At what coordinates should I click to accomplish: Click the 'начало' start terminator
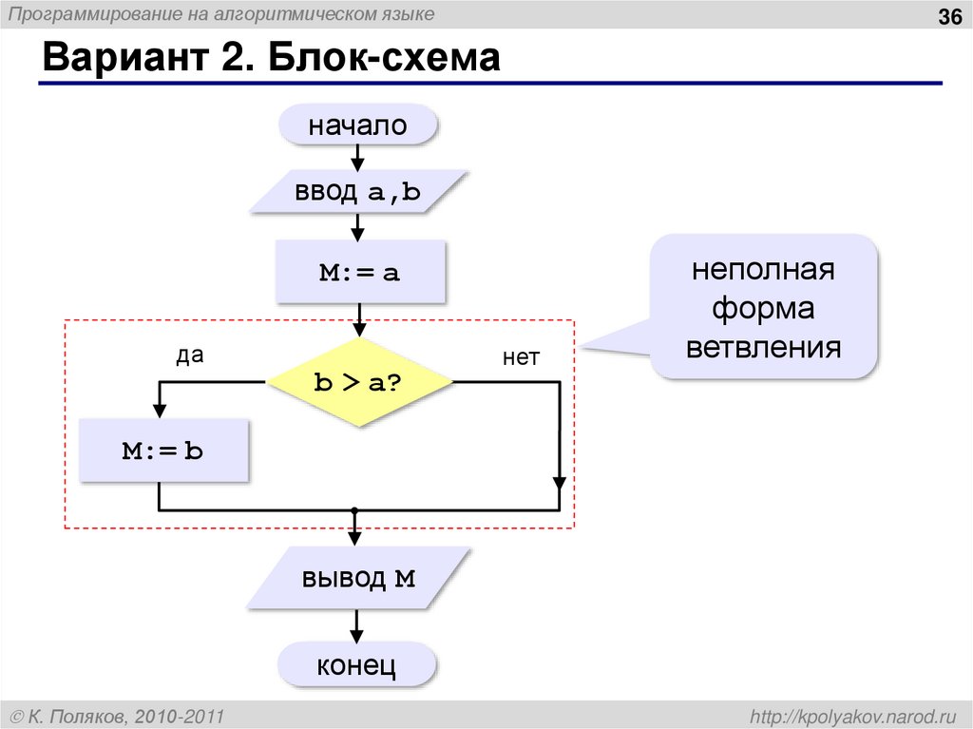click(357, 125)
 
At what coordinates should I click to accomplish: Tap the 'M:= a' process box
click(358, 273)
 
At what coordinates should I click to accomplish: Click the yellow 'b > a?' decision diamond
click(359, 382)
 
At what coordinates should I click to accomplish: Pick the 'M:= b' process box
click(162, 451)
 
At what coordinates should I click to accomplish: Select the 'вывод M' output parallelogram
click(358, 578)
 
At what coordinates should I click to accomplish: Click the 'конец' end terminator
click(356, 664)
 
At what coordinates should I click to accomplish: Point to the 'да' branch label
click(190, 355)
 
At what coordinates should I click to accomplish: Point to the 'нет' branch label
click(521, 357)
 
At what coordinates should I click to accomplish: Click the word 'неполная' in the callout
click(763, 270)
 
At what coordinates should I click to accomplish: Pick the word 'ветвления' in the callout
click(763, 346)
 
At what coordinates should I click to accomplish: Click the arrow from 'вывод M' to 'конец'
click(357, 625)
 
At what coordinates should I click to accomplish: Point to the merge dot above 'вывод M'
click(354, 510)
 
